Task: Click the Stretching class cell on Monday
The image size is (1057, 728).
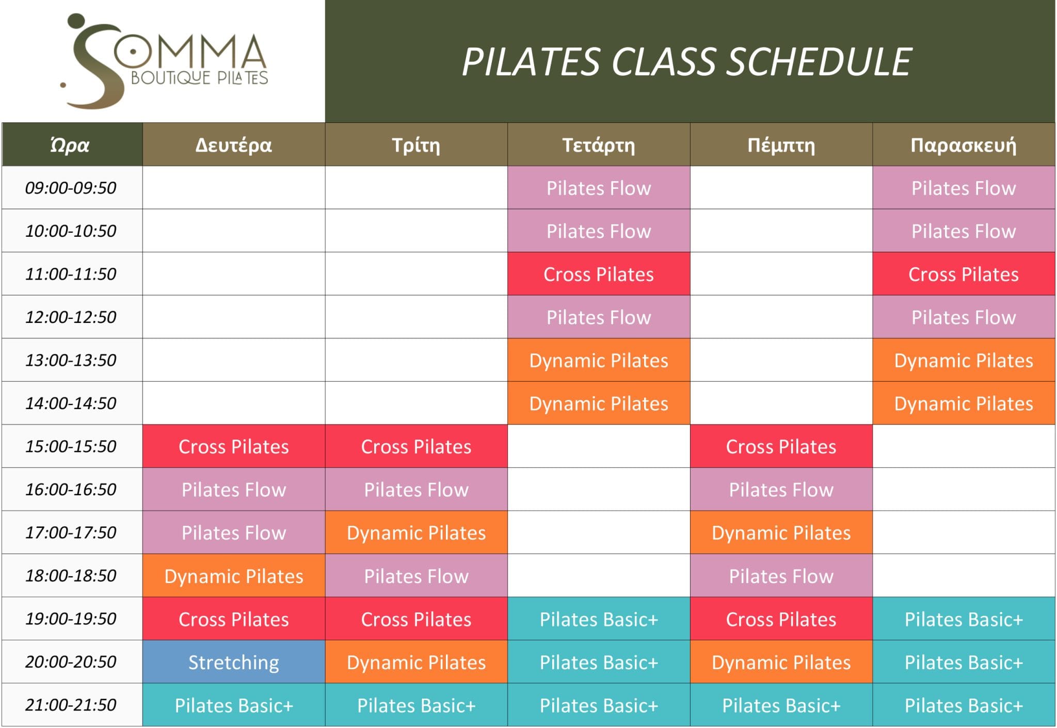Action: click(233, 662)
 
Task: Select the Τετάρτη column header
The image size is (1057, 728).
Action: click(598, 145)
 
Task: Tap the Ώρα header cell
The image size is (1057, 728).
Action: click(71, 145)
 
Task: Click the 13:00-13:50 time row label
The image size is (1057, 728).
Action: click(71, 360)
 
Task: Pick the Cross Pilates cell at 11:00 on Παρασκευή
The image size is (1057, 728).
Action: click(963, 274)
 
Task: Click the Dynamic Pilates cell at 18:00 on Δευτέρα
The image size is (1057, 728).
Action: click(233, 576)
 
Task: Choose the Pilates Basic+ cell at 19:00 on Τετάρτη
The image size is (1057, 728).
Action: click(598, 619)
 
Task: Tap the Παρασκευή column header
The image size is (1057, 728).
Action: click(963, 145)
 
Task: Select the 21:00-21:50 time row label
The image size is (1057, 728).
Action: click(71, 705)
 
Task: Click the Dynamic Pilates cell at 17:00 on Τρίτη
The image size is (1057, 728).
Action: click(416, 532)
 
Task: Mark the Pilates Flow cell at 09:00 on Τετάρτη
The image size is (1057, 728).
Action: click(598, 188)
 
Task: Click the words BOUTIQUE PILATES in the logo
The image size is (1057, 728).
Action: click(199, 78)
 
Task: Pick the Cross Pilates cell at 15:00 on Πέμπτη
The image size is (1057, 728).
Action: click(781, 446)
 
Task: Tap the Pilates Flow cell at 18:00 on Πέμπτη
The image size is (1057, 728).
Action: click(781, 576)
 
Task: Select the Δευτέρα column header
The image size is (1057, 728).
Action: click(233, 145)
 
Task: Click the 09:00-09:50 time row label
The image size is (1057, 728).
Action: click(71, 188)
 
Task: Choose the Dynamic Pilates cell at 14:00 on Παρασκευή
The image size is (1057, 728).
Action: click(963, 403)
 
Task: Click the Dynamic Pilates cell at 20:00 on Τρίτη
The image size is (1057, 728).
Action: click(416, 662)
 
